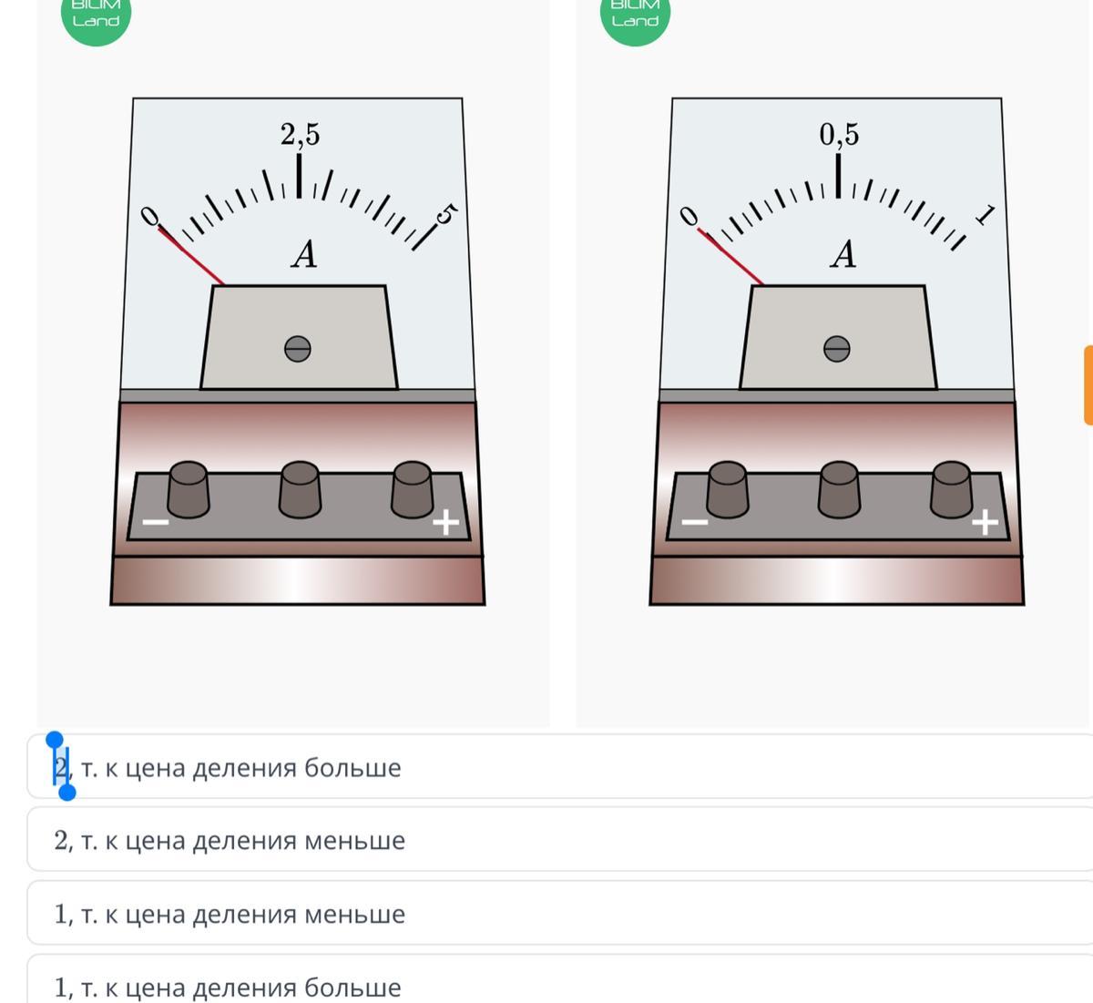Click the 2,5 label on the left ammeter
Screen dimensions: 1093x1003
point(301,134)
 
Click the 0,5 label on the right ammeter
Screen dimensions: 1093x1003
point(839,134)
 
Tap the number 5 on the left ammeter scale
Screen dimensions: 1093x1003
point(446,214)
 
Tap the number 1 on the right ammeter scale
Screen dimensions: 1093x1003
point(985,215)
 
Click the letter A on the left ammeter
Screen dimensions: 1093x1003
point(304,254)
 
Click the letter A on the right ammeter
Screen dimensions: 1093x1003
point(843,254)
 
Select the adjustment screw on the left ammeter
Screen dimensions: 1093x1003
point(298,349)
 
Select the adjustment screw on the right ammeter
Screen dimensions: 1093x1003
point(836,349)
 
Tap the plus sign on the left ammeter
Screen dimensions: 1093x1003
point(445,522)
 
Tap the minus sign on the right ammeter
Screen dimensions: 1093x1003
point(695,522)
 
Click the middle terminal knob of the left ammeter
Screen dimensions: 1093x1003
point(300,489)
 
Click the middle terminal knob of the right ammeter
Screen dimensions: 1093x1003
point(839,489)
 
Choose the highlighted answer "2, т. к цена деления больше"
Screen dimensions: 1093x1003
point(228,768)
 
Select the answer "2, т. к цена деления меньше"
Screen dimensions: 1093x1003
point(230,841)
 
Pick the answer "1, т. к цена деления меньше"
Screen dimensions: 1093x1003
point(230,914)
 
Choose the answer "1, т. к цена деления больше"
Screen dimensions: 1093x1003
point(228,988)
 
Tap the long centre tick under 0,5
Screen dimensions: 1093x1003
point(838,176)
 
